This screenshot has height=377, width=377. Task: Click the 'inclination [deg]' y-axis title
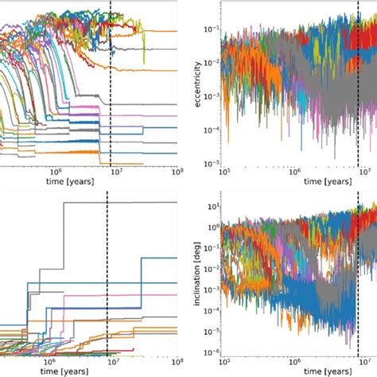click(x=194, y=276)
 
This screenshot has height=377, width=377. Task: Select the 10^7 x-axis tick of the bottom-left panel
click(x=116, y=360)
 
